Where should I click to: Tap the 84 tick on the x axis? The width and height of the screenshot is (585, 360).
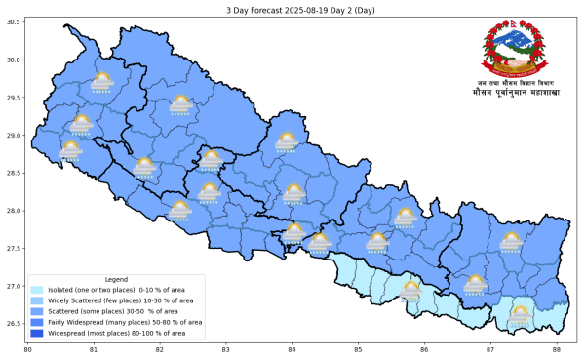(292, 349)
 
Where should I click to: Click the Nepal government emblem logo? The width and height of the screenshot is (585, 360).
(510, 50)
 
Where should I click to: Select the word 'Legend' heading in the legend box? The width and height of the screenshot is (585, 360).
(116, 279)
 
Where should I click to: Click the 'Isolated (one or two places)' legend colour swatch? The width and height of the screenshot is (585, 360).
(37, 290)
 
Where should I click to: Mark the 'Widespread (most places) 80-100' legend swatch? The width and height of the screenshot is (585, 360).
(37, 333)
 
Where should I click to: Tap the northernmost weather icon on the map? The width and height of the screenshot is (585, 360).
(101, 83)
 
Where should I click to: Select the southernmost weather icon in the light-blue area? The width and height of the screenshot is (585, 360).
(520, 314)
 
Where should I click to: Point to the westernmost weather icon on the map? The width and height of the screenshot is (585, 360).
(70, 149)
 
